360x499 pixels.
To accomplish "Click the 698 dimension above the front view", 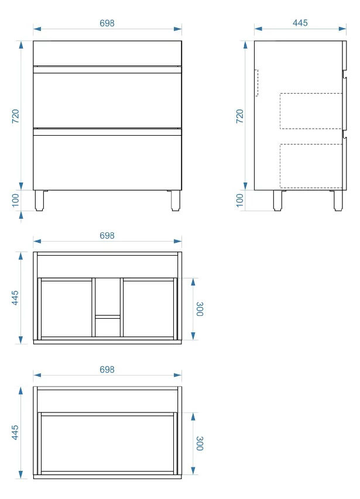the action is [x=107, y=23].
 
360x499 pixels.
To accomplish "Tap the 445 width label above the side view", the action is [x=300, y=23].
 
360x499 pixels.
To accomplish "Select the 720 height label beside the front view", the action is [x=16, y=116].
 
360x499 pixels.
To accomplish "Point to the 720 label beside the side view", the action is [x=239, y=116].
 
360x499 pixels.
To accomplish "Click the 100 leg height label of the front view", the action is [x=16, y=200].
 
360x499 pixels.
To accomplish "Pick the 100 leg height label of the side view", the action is [x=239, y=200].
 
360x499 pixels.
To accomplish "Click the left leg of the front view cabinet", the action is [x=39, y=201].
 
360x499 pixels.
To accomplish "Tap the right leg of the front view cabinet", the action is [x=176, y=201].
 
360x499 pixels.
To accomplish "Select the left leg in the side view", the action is [x=277, y=201].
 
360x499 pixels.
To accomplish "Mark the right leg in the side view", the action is [x=338, y=201].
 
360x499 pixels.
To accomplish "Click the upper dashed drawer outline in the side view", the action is [x=280, y=111].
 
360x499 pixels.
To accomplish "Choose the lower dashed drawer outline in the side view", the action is [x=280, y=166].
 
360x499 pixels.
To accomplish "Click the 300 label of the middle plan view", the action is [x=200, y=309].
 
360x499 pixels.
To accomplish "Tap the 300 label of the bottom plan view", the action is [x=200, y=443].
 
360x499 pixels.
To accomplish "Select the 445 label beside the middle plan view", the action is [x=15, y=298].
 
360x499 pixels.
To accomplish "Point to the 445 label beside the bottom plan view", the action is [x=15, y=432].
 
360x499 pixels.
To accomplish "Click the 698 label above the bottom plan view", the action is [x=107, y=370].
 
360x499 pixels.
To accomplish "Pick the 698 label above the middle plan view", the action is [x=107, y=236].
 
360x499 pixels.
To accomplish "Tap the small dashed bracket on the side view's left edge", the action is [x=257, y=82].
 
